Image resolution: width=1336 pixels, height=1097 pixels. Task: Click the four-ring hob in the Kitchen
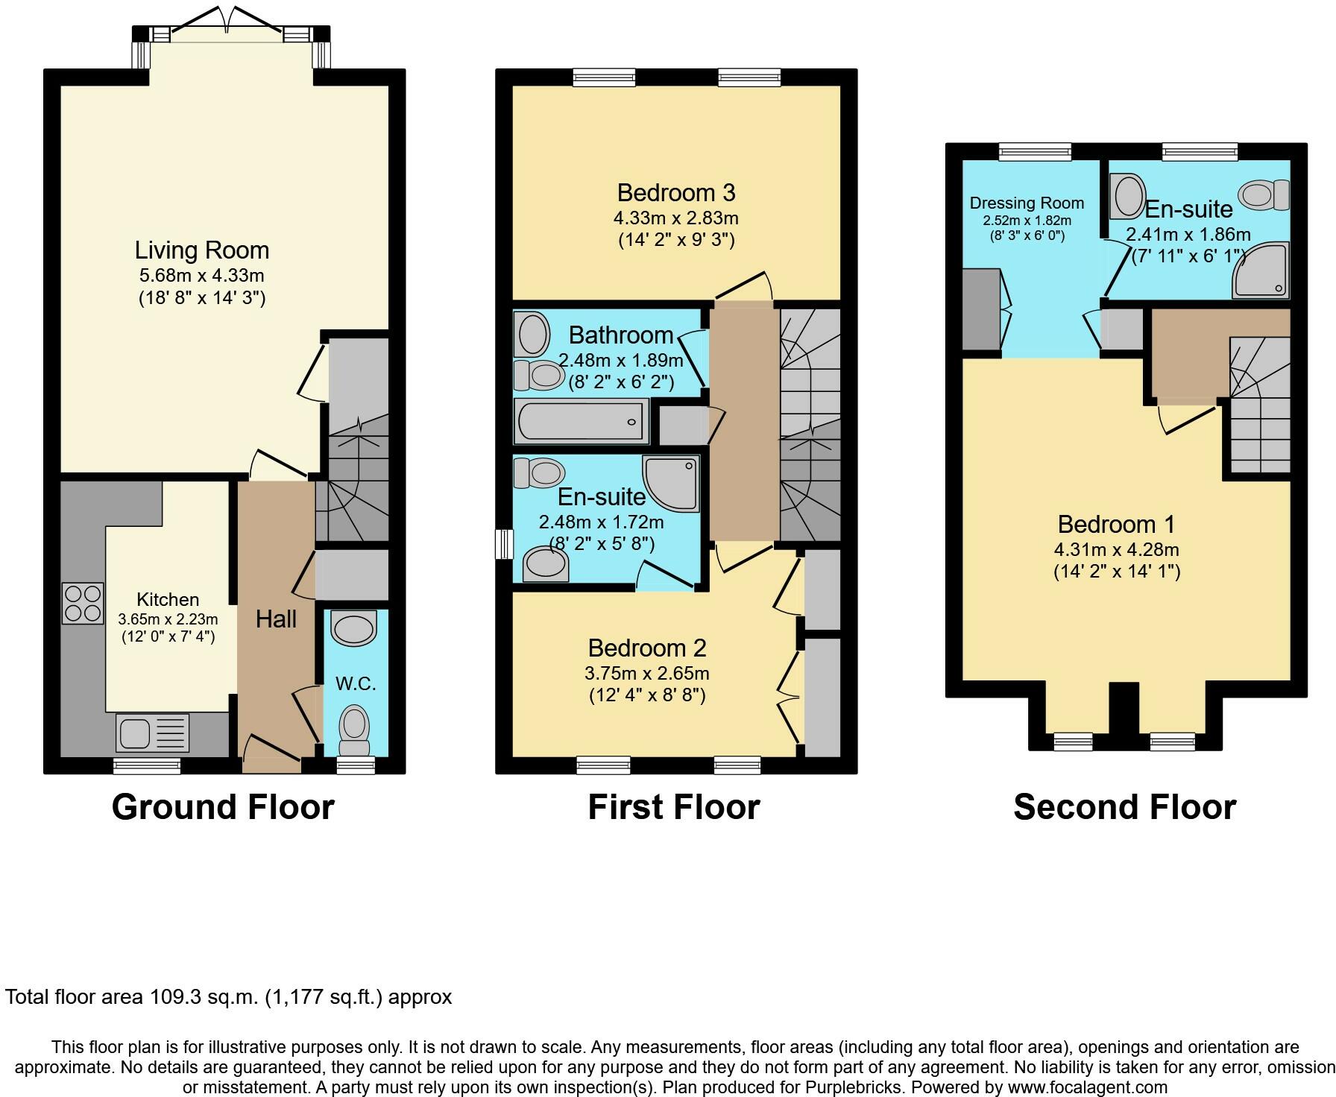[83, 604]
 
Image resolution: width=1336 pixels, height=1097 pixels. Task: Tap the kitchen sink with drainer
[153, 732]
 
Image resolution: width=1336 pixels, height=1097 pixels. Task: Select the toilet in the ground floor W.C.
[354, 732]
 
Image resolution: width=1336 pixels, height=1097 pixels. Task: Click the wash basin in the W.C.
[353, 628]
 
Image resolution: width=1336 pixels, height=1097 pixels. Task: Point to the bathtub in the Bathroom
[581, 421]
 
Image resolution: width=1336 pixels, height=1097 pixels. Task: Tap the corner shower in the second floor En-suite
[1261, 270]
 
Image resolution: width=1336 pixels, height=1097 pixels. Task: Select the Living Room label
[202, 250]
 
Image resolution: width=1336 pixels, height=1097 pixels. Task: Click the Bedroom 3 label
[676, 193]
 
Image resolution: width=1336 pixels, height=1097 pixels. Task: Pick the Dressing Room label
[1027, 203]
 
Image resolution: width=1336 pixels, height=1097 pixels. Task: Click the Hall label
[276, 619]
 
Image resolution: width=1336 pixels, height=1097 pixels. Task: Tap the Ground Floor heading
[223, 807]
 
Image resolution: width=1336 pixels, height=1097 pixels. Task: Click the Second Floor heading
[1125, 807]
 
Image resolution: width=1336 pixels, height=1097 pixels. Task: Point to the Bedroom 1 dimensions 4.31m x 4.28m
[1116, 550]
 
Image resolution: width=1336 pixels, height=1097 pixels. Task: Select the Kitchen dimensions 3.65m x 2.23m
[168, 619]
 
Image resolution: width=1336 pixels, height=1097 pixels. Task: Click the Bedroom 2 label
[647, 648]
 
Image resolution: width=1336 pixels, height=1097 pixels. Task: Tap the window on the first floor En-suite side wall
[505, 544]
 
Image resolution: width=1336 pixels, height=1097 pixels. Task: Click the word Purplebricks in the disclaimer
[853, 1087]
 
